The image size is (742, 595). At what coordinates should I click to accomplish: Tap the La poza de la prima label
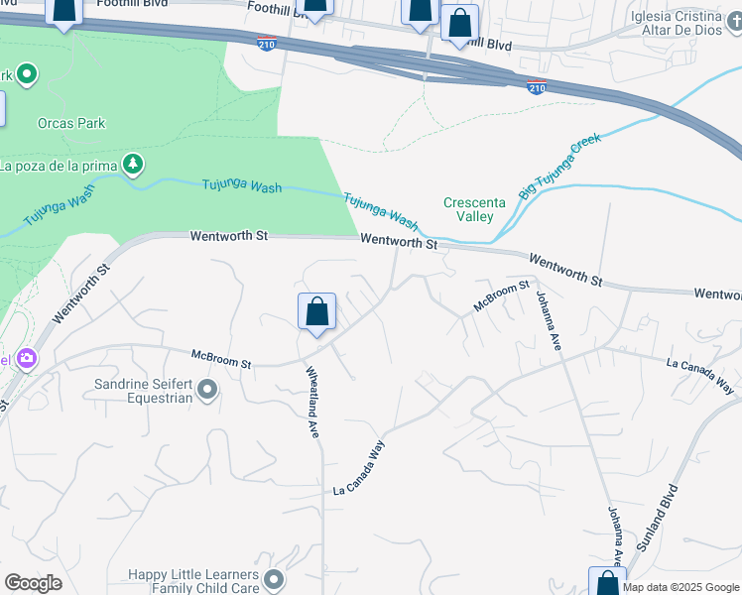pos(58,165)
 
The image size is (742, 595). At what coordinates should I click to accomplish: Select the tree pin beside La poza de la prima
pos(131,164)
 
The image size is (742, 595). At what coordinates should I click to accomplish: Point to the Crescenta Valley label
pos(474,209)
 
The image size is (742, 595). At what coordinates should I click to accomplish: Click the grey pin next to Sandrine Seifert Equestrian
pos(207,391)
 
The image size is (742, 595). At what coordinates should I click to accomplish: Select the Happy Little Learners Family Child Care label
pos(193,582)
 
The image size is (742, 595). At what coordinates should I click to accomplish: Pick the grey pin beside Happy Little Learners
pos(275,578)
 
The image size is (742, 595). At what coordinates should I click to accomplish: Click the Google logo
pos(33,583)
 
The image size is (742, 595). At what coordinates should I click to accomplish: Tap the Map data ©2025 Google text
pos(680,587)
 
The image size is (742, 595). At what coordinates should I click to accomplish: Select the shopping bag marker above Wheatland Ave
pos(316,312)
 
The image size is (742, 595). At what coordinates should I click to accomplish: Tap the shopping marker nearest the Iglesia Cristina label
pos(459,24)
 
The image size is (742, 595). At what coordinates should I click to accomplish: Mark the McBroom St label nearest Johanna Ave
pos(502,297)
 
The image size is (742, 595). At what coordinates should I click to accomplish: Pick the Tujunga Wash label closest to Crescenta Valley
pos(381,209)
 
